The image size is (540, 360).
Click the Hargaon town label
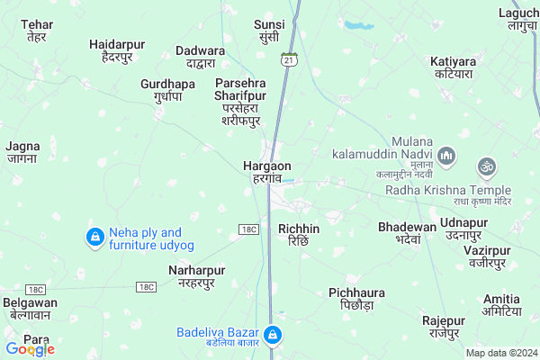(266, 172)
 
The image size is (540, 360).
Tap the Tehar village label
(36, 30)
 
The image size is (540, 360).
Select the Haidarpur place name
(118, 49)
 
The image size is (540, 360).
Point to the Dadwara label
(200, 57)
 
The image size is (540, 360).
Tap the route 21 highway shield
(287, 58)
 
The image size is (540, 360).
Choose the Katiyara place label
(452, 67)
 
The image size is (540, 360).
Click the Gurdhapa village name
(167, 90)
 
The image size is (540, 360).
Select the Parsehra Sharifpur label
(241, 101)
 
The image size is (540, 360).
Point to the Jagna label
(22, 151)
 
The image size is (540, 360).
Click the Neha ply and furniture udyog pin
(94, 238)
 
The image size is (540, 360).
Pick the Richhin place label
(299, 235)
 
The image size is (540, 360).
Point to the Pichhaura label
(357, 300)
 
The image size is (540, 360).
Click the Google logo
(30, 349)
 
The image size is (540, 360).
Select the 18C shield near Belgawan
(35, 289)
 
